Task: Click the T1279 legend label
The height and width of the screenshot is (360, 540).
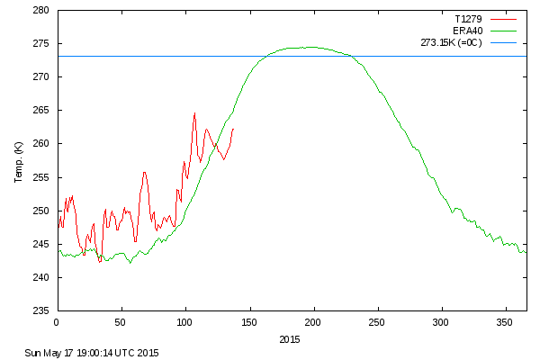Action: (x=465, y=17)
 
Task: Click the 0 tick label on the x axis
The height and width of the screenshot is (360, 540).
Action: (x=57, y=321)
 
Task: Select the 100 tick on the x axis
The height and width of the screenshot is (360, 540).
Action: (x=185, y=321)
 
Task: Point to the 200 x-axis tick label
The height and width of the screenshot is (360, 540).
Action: (x=313, y=321)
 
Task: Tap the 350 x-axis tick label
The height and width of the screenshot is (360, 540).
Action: (x=506, y=321)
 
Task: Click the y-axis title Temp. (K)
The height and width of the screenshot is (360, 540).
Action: (x=19, y=161)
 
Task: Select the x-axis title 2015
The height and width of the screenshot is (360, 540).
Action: (x=290, y=339)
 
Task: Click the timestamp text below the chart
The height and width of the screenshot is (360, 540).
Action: (x=92, y=352)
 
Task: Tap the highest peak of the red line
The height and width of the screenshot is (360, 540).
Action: (x=194, y=113)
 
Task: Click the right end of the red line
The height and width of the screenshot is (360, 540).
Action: (x=233, y=129)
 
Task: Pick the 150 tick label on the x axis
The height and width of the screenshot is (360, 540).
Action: (x=249, y=321)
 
